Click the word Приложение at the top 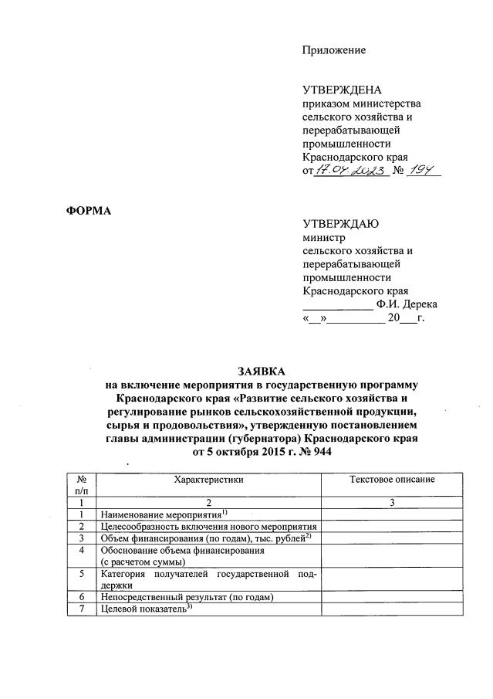pos(333,50)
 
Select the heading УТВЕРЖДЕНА pos(342,90)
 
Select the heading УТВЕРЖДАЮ pos(340,224)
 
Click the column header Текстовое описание pos(391,479)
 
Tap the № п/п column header pos(82,484)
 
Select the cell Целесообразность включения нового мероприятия pos(209,526)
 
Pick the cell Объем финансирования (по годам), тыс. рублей pos(202,538)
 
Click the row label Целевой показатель pos(144,609)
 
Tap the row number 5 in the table pos(82,574)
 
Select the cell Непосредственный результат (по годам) pos(187,597)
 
